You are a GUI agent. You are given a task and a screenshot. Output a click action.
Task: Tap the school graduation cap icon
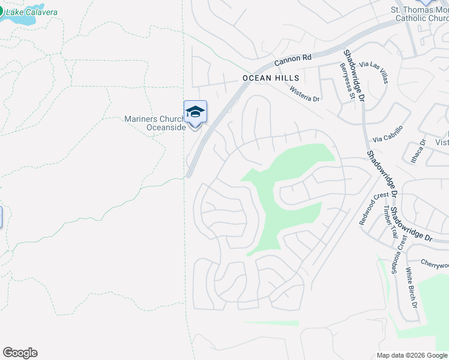pos(195,112)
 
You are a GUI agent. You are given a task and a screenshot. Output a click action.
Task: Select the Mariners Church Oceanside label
pos(155,122)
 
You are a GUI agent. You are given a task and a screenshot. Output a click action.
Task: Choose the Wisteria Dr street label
pos(304,94)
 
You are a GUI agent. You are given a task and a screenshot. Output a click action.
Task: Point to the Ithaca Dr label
pos(422,149)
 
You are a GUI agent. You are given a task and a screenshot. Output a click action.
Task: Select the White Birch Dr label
pos(412,287)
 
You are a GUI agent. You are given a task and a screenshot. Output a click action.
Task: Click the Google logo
pos(20,353)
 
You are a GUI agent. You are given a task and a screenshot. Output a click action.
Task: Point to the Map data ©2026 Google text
pos(412,355)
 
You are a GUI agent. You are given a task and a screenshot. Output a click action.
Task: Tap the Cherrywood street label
pos(435,265)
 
